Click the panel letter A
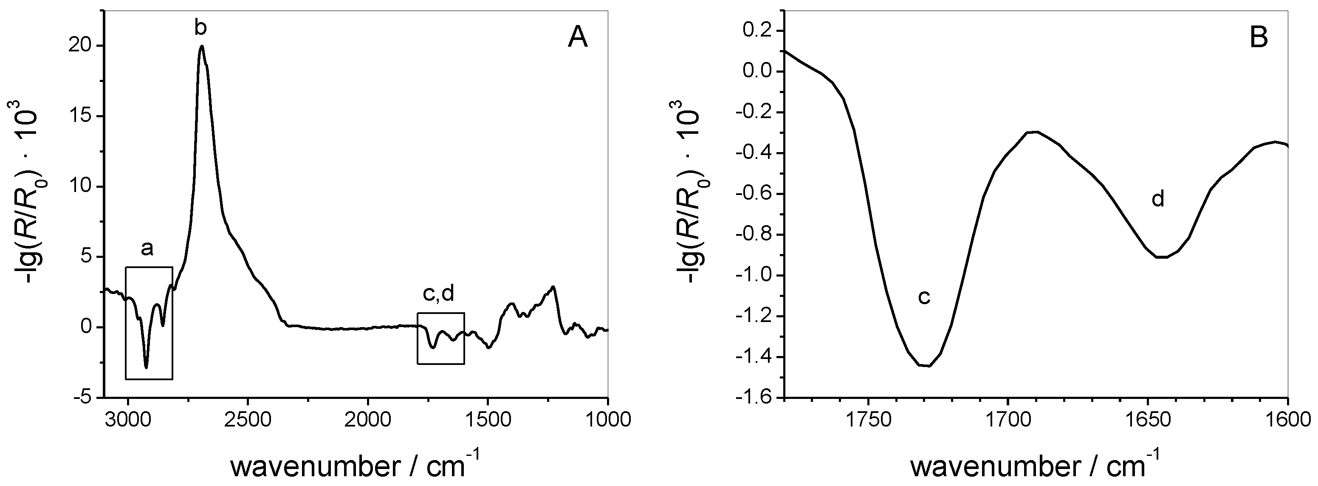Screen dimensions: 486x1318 [578, 38]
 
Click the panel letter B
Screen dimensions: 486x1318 [1259, 38]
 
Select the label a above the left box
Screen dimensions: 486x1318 [147, 249]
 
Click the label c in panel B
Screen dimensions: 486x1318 [923, 297]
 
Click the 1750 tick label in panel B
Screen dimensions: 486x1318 [868, 420]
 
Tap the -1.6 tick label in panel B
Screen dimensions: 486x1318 [753, 398]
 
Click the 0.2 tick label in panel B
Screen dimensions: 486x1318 [757, 31]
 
